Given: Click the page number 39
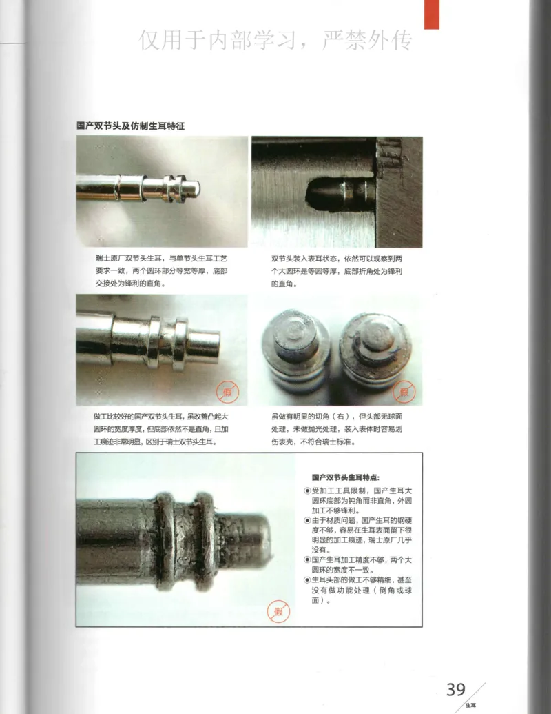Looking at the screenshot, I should point(456,689).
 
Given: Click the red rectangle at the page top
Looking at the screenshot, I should point(431,14).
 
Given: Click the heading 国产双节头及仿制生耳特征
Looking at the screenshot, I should point(130,126).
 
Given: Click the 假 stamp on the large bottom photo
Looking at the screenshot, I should point(279,611).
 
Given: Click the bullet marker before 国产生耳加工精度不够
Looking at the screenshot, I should point(307,559).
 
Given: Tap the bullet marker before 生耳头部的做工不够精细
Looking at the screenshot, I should point(307,580).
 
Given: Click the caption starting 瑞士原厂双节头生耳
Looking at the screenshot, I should point(161,270).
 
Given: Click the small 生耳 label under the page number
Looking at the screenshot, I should point(470,705).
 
